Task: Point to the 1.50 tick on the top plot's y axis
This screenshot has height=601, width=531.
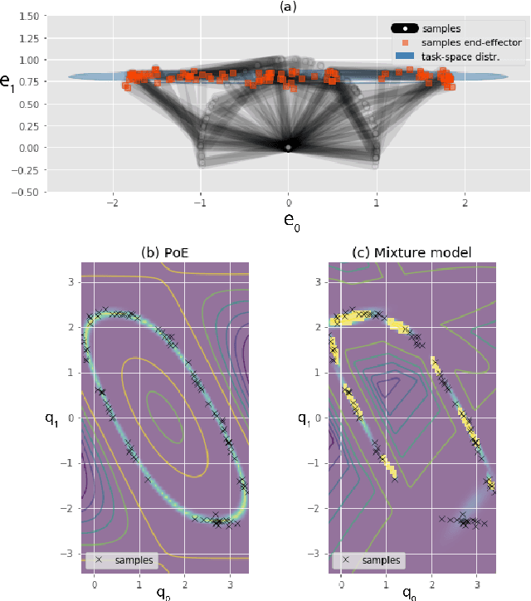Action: tap(31, 17)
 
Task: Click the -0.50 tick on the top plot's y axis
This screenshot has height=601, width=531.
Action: tap(29, 192)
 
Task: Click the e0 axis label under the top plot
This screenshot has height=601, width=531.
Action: tap(288, 222)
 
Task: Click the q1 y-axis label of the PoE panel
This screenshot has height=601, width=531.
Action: tap(51, 419)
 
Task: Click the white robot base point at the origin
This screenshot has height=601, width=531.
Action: tap(288, 148)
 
